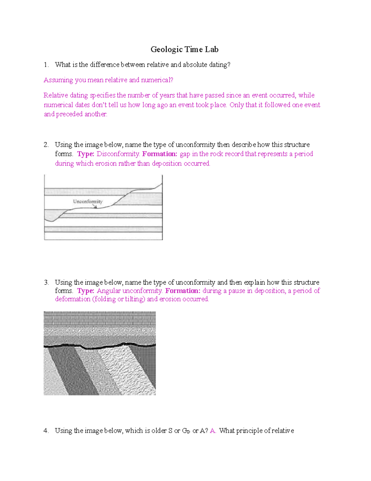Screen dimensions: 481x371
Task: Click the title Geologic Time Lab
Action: pyautogui.click(x=185, y=50)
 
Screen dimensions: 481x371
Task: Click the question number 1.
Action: pyautogui.click(x=46, y=65)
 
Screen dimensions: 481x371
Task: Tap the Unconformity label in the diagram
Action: pyautogui.click(x=87, y=201)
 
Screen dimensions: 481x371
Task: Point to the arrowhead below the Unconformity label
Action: pyautogui.click(x=96, y=207)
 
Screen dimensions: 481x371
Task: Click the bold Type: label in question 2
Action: pyautogui.click(x=86, y=154)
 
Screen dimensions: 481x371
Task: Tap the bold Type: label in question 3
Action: pyautogui.click(x=86, y=291)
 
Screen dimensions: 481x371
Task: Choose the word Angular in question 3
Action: pyautogui.click(x=109, y=291)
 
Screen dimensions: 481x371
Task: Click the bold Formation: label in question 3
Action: pyautogui.click(x=183, y=291)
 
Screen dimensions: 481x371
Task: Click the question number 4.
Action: pyautogui.click(x=46, y=431)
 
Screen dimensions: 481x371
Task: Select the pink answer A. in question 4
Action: pyautogui.click(x=213, y=431)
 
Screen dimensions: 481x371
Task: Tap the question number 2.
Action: pyautogui.click(x=46, y=145)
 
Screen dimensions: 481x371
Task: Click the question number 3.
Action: pyautogui.click(x=46, y=282)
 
